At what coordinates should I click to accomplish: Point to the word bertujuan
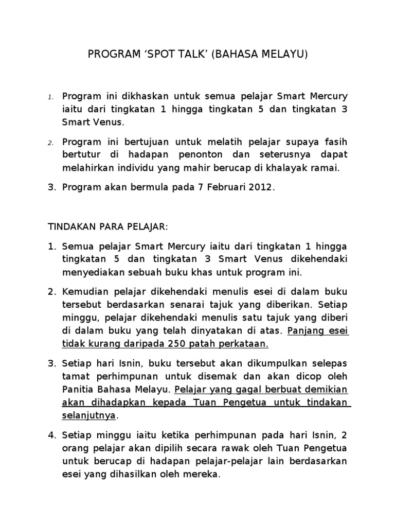[134, 141]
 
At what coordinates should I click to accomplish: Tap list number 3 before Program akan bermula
[51, 188]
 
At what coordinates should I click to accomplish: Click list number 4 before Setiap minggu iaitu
[52, 435]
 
